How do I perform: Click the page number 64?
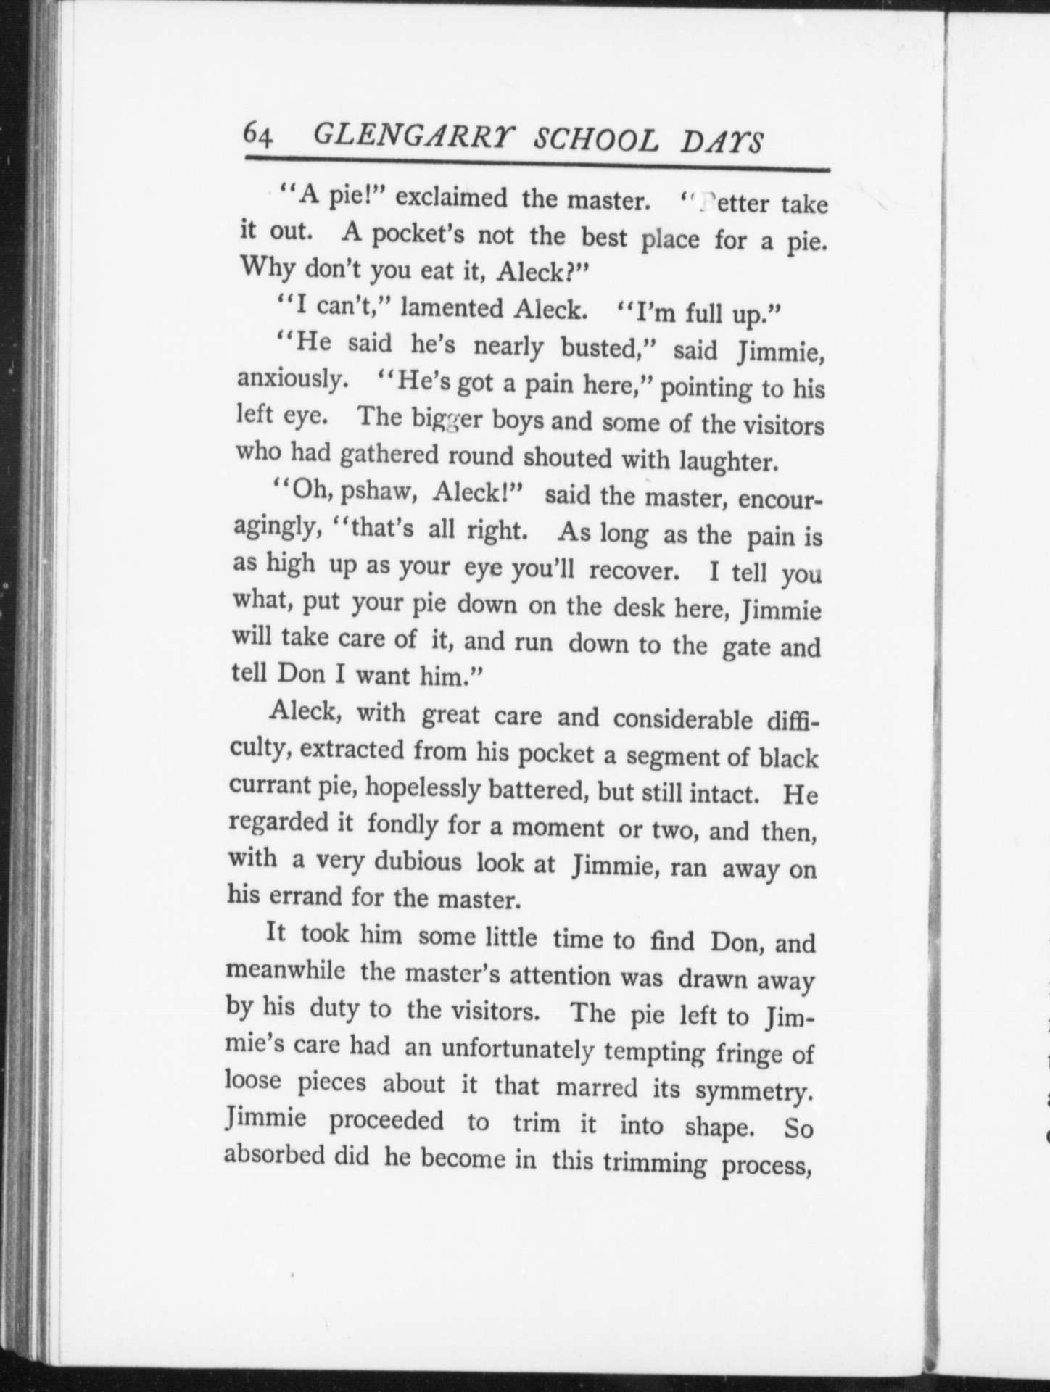(258, 135)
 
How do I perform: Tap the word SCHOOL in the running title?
(596, 140)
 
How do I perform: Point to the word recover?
(634, 571)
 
